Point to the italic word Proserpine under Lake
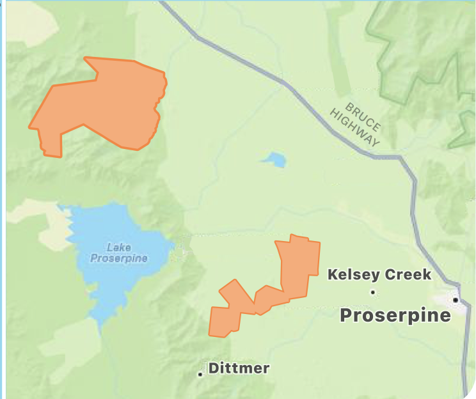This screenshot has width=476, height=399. click(119, 258)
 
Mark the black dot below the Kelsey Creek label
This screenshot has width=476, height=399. click(373, 293)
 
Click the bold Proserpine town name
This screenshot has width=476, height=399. click(395, 315)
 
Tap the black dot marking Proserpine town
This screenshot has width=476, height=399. click(456, 299)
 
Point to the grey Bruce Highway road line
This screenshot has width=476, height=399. click(301, 96)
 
